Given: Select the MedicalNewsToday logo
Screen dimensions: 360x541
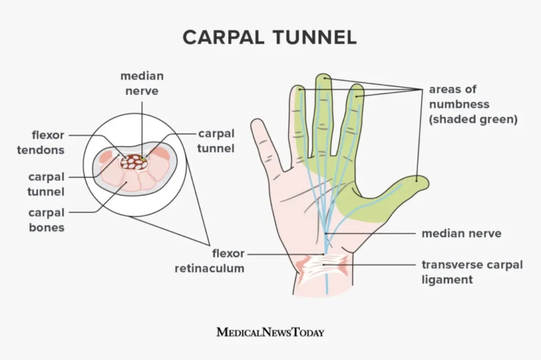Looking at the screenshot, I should tap(270, 332).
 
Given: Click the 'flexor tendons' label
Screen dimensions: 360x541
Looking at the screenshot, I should tap(41, 143).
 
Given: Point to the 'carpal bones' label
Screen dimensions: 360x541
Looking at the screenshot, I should tap(46, 220).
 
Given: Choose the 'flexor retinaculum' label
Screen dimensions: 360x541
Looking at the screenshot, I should tap(210, 261).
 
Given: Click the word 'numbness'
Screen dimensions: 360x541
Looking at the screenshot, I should tap(459, 104).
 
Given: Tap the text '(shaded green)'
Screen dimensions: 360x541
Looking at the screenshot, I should tap(473, 119).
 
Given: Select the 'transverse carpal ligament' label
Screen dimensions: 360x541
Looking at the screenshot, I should tap(472, 271).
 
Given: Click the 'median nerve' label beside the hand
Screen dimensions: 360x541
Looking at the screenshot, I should tap(461, 233).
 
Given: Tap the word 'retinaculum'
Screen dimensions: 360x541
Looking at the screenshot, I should tap(210, 268).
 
